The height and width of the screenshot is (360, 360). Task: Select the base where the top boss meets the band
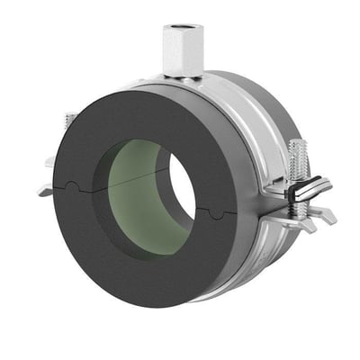pos(180,79)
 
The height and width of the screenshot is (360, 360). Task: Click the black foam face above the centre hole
pos(135,112)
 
